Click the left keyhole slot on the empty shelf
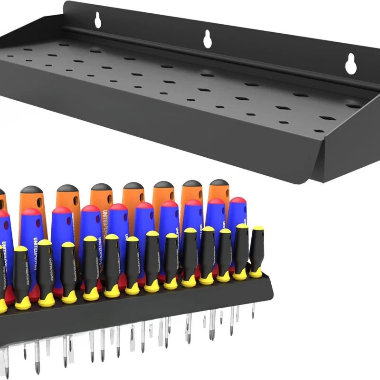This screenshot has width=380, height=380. click(98, 20)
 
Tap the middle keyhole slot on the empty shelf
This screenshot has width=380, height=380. click(208, 39)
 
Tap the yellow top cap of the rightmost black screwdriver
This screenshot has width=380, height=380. click(258, 228)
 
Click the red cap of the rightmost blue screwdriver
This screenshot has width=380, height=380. click(237, 201)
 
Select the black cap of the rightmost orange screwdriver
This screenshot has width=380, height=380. click(219, 183)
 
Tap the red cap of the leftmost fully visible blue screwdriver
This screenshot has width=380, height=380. click(32, 212)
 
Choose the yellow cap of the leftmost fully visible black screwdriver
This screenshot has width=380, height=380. click(20, 249)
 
